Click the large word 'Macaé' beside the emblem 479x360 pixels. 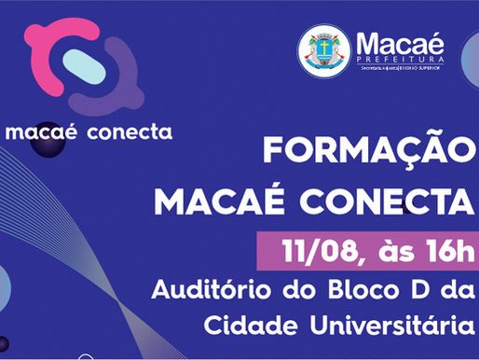[400, 42]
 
